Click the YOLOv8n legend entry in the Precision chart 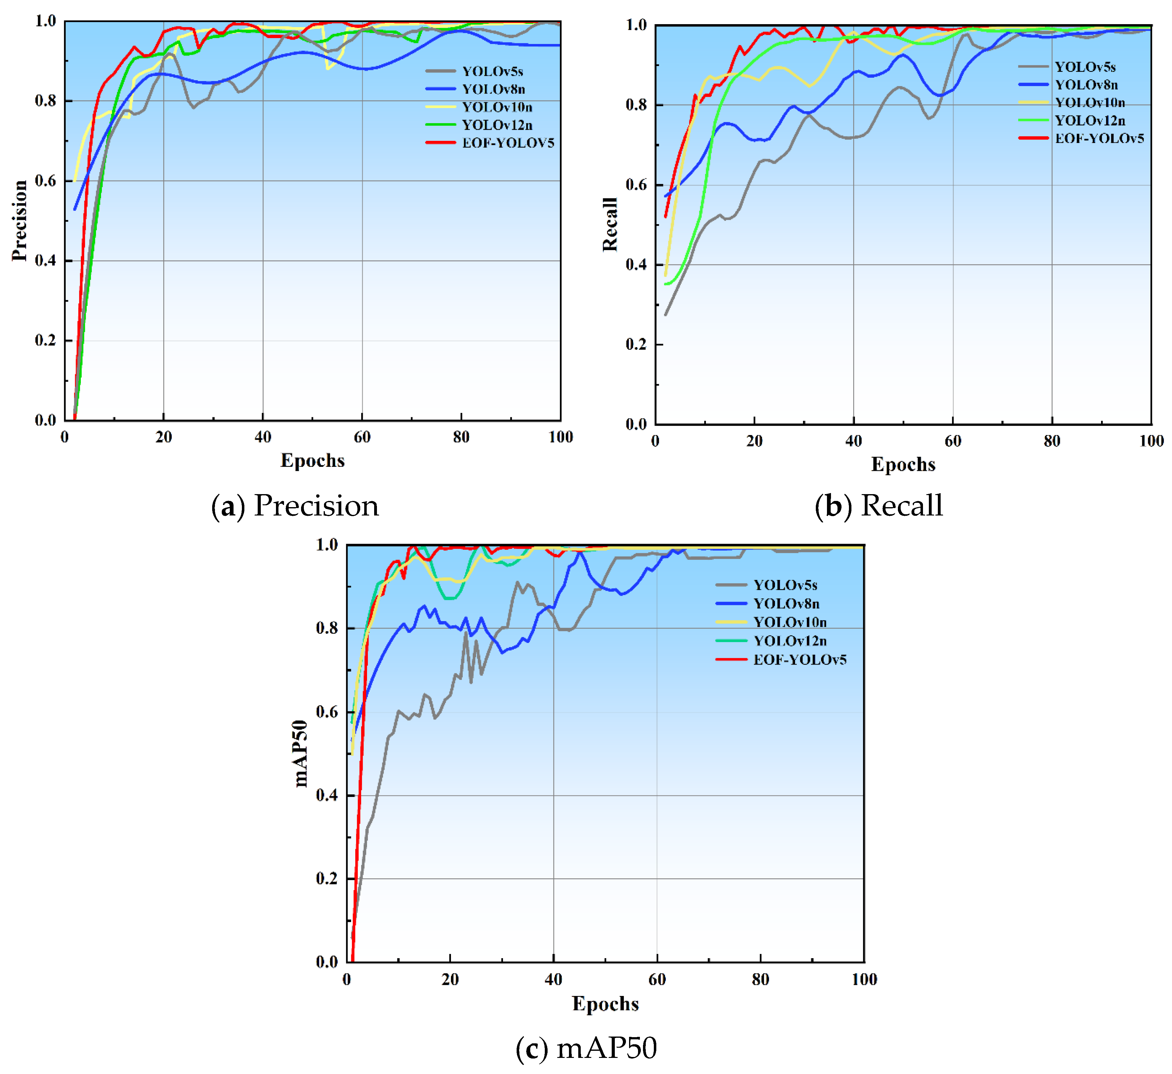tap(493, 89)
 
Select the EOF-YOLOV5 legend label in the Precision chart tap(508, 143)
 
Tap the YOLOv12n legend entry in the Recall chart tap(1089, 121)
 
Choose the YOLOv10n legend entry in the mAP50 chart tap(789, 622)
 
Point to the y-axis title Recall tap(610, 224)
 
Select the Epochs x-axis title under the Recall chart tap(903, 464)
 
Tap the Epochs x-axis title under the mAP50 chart tap(605, 1004)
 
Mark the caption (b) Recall tap(878, 505)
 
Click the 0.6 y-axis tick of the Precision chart tap(45, 181)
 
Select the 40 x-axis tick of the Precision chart tap(263, 437)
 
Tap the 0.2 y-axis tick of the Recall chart tap(636, 344)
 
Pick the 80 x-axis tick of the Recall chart tap(1052, 441)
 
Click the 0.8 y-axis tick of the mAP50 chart tap(327, 628)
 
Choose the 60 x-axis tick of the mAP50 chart tap(657, 979)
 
